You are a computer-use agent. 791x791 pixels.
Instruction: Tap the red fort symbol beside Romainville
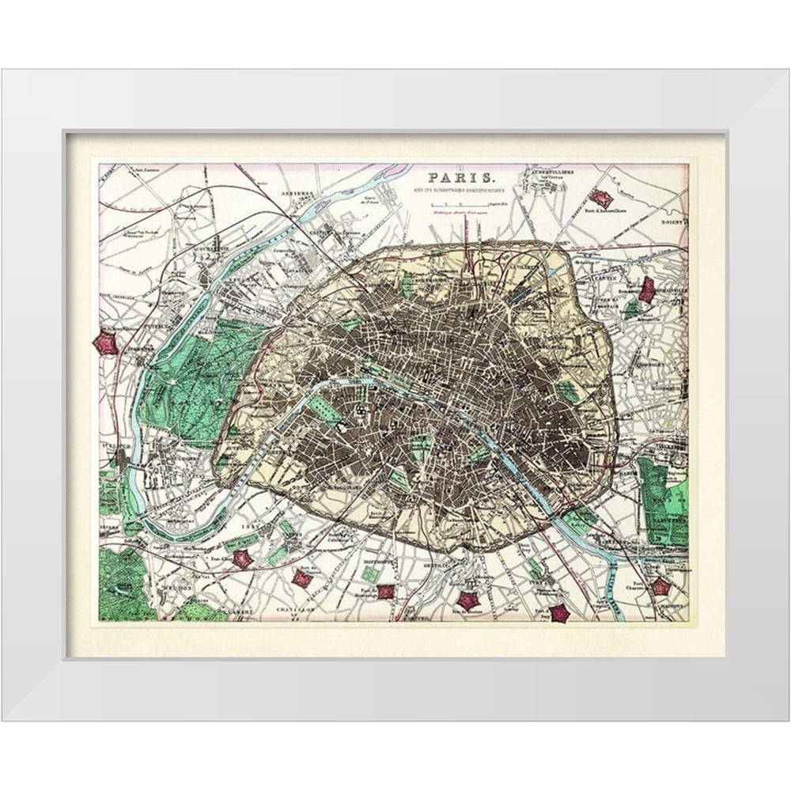(x=647, y=290)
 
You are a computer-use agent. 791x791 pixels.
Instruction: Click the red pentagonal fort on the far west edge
(x=105, y=343)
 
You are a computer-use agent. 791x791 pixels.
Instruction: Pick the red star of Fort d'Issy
(x=242, y=558)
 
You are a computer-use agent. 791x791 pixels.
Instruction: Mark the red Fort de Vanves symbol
(x=301, y=578)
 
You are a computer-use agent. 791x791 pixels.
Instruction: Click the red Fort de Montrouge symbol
(x=385, y=591)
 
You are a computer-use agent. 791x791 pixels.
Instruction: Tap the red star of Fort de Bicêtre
(x=470, y=600)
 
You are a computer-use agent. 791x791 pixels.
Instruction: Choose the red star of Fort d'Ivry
(x=559, y=613)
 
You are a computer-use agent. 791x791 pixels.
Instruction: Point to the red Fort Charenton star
(x=659, y=587)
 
